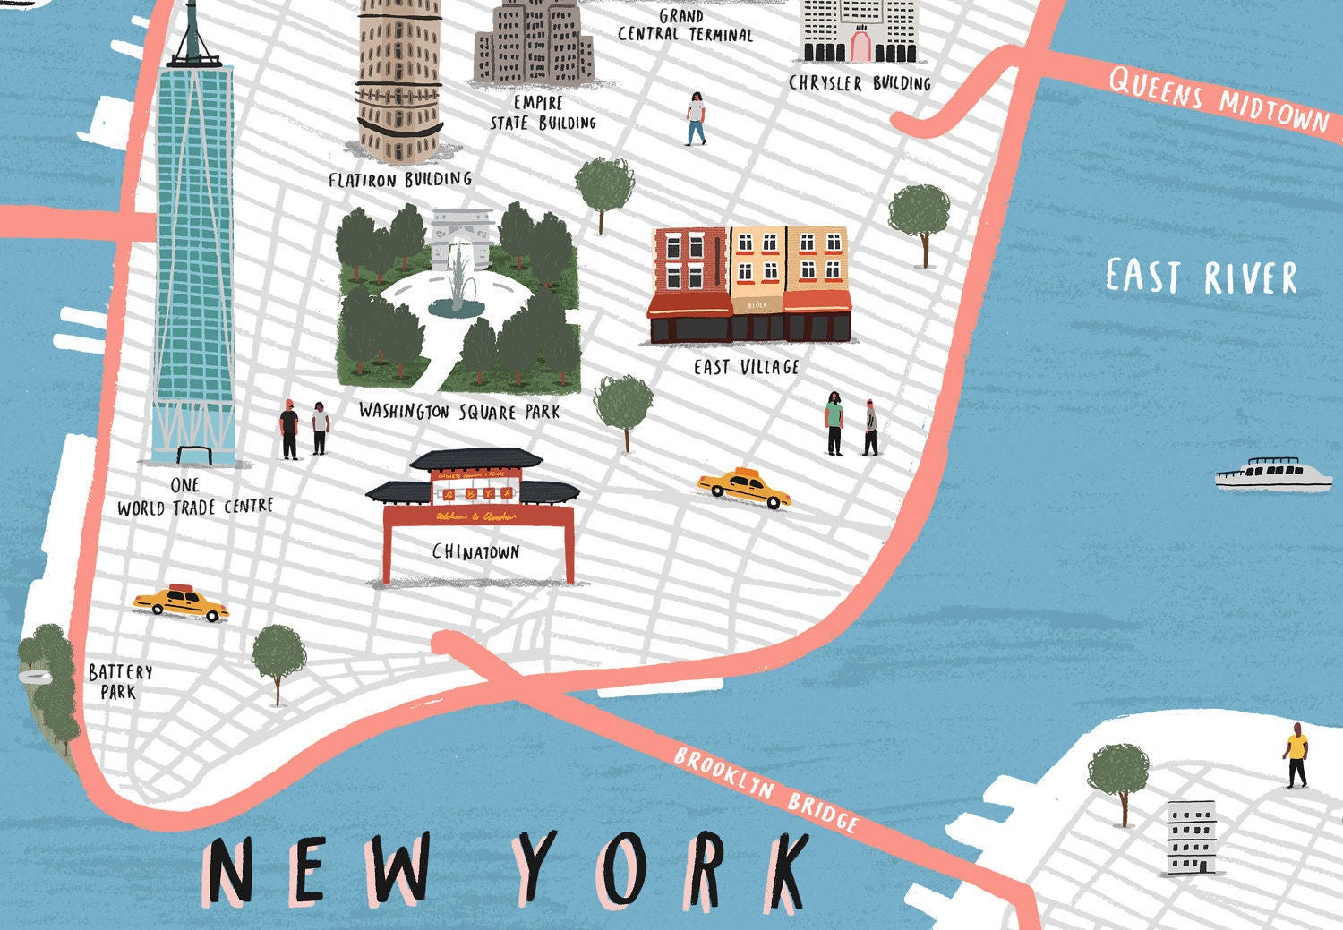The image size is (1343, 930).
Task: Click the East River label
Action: click(1201, 277)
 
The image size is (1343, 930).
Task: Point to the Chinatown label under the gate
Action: click(475, 551)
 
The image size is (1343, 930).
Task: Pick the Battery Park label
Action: click(120, 681)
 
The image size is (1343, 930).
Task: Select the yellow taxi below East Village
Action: click(744, 487)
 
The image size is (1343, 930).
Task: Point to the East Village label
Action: click(746, 367)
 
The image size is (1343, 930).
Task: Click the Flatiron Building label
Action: click(399, 180)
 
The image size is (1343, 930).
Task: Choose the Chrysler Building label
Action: click(860, 83)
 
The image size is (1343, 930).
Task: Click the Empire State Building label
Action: click(543, 114)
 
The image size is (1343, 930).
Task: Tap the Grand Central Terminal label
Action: click(685, 26)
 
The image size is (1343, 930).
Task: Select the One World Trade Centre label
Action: click(194, 497)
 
